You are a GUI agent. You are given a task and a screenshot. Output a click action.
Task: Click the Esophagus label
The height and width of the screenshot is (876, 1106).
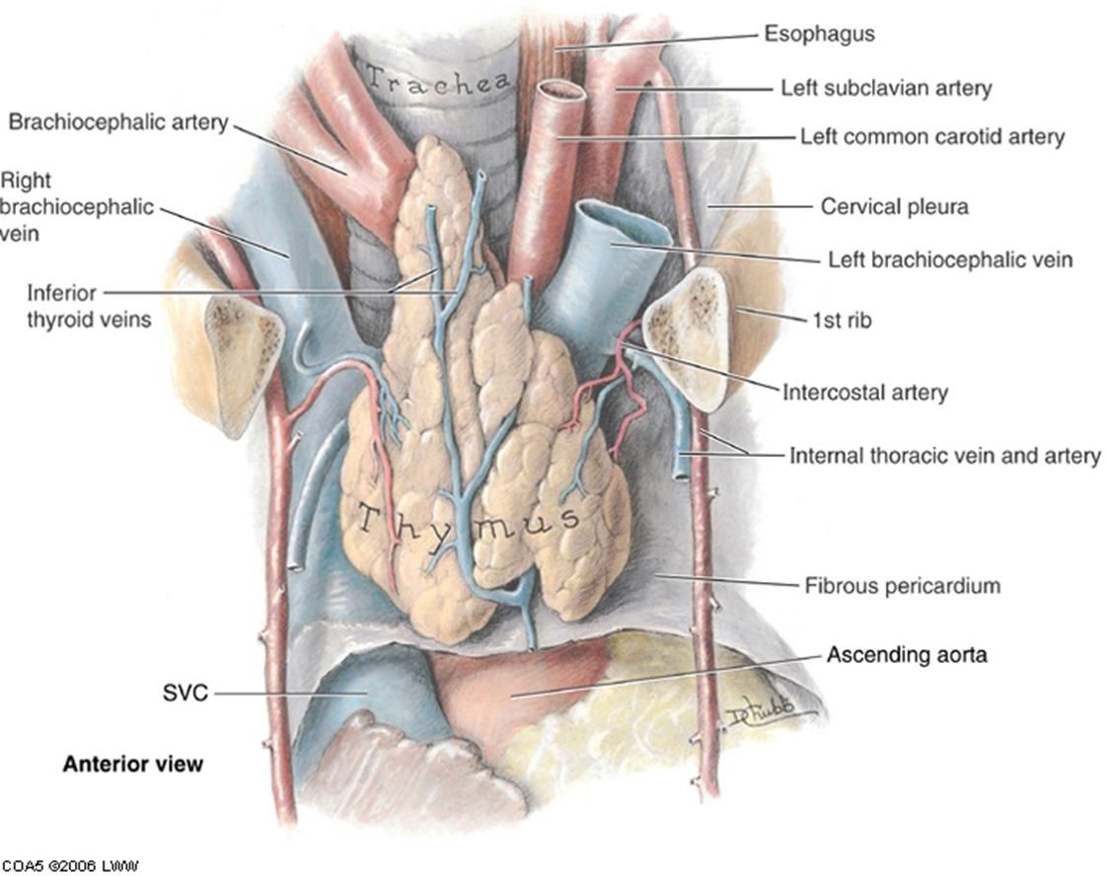coord(819,34)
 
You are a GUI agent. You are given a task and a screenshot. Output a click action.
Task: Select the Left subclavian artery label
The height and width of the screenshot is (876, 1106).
coord(886,88)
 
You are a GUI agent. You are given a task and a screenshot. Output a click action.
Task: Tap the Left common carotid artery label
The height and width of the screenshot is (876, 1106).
coord(931,136)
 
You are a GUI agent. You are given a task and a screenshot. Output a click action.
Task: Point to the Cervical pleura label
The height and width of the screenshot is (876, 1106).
coord(895,206)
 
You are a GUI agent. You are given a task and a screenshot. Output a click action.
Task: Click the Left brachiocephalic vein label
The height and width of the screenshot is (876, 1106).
coord(950,259)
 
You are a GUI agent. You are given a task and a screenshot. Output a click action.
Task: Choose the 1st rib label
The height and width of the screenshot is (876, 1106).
coord(842,321)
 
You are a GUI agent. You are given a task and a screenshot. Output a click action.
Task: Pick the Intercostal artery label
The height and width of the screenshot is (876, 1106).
coord(864,393)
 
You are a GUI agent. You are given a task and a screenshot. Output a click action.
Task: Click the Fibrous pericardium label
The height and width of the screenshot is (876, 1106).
coord(902,585)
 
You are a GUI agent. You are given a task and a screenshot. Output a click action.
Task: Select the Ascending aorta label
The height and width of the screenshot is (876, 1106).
coord(907,654)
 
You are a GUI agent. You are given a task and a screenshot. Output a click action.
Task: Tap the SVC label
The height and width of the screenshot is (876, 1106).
coord(184,693)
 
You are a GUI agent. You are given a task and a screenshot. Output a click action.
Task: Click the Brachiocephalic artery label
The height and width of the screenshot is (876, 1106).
coord(118,122)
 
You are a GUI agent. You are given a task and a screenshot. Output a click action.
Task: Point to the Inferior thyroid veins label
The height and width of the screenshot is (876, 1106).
coord(89,306)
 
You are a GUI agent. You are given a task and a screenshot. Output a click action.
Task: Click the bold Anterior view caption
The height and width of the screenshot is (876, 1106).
coord(132,764)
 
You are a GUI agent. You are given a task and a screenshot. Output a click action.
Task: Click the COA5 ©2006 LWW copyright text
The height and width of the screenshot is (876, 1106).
coord(70,865)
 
